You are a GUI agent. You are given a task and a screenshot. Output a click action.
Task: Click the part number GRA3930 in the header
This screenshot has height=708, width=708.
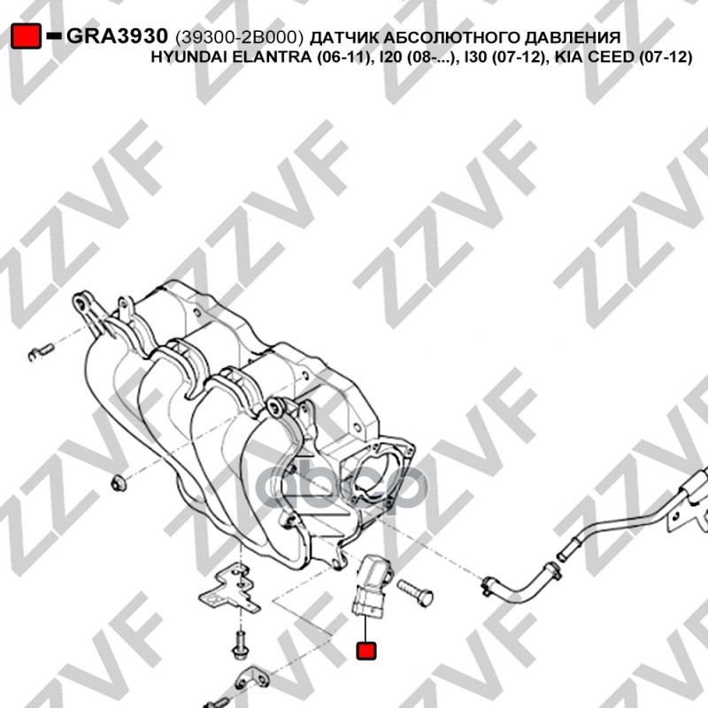(x=118, y=35)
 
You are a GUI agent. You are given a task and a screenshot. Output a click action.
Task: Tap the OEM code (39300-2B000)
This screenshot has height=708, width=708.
(x=239, y=37)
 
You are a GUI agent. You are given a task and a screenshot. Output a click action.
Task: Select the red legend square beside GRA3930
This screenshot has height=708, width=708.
(x=26, y=35)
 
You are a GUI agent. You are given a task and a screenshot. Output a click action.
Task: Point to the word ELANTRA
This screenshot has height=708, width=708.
(x=271, y=58)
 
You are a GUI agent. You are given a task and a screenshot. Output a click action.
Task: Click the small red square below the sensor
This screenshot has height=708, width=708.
(x=366, y=650)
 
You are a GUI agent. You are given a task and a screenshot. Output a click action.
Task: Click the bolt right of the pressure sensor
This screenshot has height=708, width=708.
(x=415, y=593)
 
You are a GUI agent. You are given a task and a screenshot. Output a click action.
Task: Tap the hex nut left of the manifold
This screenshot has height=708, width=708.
(x=119, y=482)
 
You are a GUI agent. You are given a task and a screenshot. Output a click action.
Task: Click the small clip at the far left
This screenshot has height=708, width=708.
(x=41, y=351)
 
